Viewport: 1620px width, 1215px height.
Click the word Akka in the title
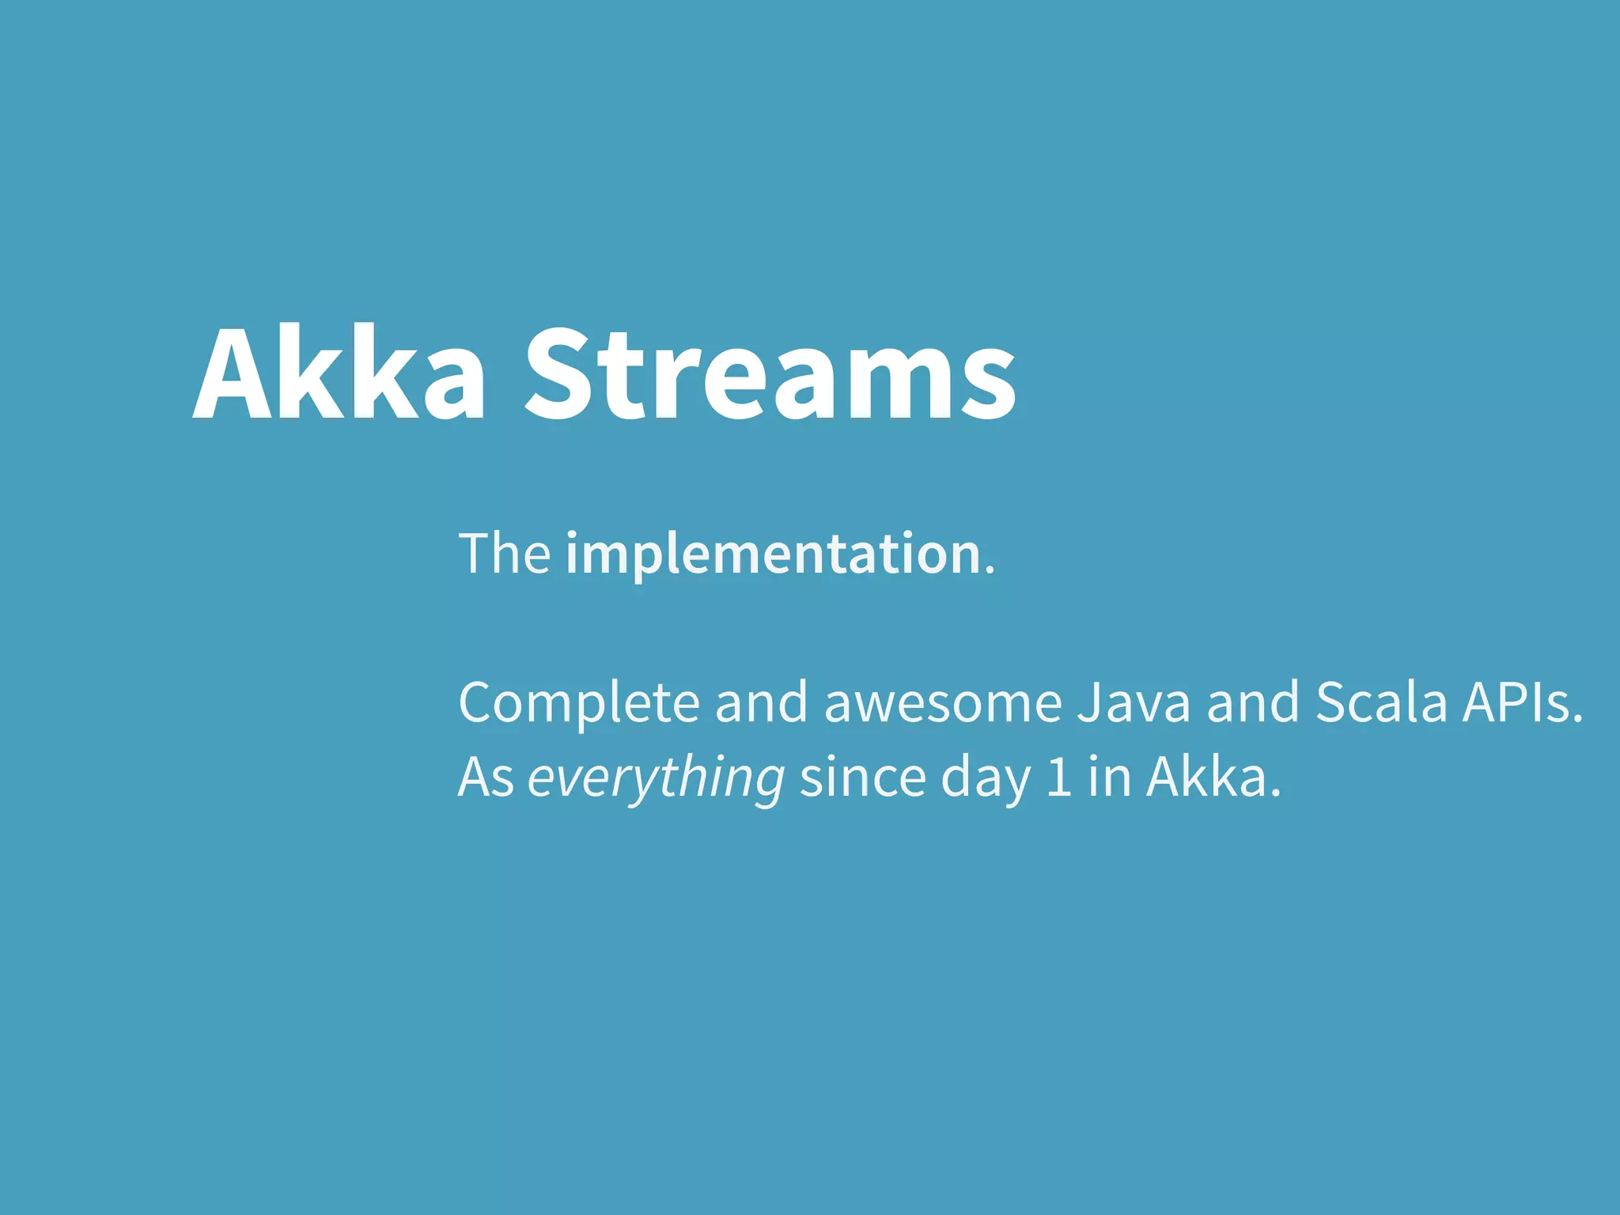click(339, 372)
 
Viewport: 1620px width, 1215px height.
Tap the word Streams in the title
click(770, 372)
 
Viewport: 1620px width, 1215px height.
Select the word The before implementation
click(504, 554)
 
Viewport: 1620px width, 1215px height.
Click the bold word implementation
click(773, 555)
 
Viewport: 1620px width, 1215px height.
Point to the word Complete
click(578, 703)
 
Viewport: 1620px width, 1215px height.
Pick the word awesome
click(942, 703)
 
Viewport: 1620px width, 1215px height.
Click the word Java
click(1133, 702)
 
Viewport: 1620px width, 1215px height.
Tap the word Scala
click(1380, 702)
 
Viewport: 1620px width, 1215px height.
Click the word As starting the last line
click(486, 777)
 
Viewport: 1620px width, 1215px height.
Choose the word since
click(862, 777)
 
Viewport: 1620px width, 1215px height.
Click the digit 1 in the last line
click(1058, 777)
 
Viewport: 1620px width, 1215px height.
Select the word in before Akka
click(1109, 777)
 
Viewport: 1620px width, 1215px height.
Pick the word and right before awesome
click(761, 702)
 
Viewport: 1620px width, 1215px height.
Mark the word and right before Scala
click(1252, 702)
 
